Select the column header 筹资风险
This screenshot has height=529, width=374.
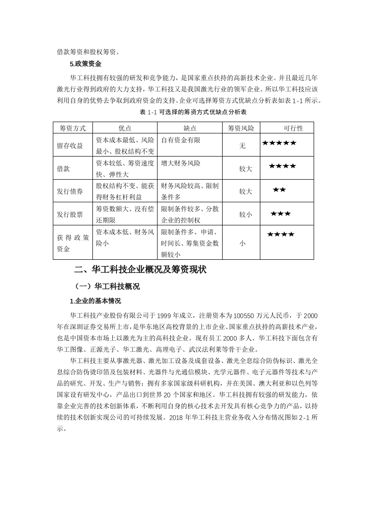click(241, 128)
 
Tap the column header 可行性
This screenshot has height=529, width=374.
click(293, 128)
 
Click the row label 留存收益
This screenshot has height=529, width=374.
click(70, 146)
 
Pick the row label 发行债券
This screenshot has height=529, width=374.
click(70, 191)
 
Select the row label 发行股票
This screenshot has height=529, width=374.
click(70, 215)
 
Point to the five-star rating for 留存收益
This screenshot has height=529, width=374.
click(279, 142)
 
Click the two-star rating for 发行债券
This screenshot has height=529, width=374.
click(279, 190)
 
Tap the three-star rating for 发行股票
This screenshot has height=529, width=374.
click(281, 214)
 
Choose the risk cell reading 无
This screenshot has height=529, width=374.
click(242, 146)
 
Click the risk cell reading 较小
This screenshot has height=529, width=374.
click(245, 215)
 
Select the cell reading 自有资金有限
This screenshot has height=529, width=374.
click(181, 140)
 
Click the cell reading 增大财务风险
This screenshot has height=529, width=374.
click(181, 163)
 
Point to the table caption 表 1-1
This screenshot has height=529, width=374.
click(193, 112)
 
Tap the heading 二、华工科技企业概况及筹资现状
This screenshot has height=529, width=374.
click(141, 270)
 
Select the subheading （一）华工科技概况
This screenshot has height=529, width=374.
click(107, 286)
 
